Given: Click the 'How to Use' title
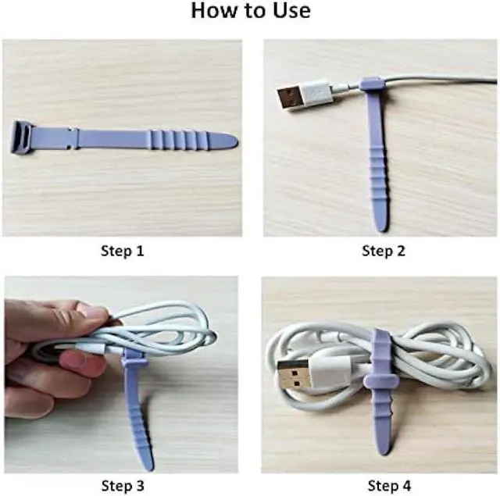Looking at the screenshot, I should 250,11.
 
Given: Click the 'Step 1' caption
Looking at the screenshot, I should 122,252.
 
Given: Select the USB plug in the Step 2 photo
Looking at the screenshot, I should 295,98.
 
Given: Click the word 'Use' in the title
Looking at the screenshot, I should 286,11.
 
